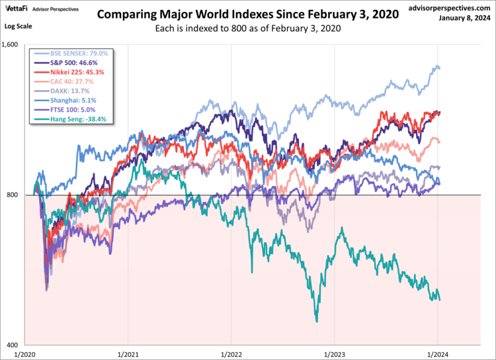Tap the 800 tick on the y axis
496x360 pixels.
[x=15, y=195]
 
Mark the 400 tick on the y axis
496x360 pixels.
[x=15, y=345]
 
